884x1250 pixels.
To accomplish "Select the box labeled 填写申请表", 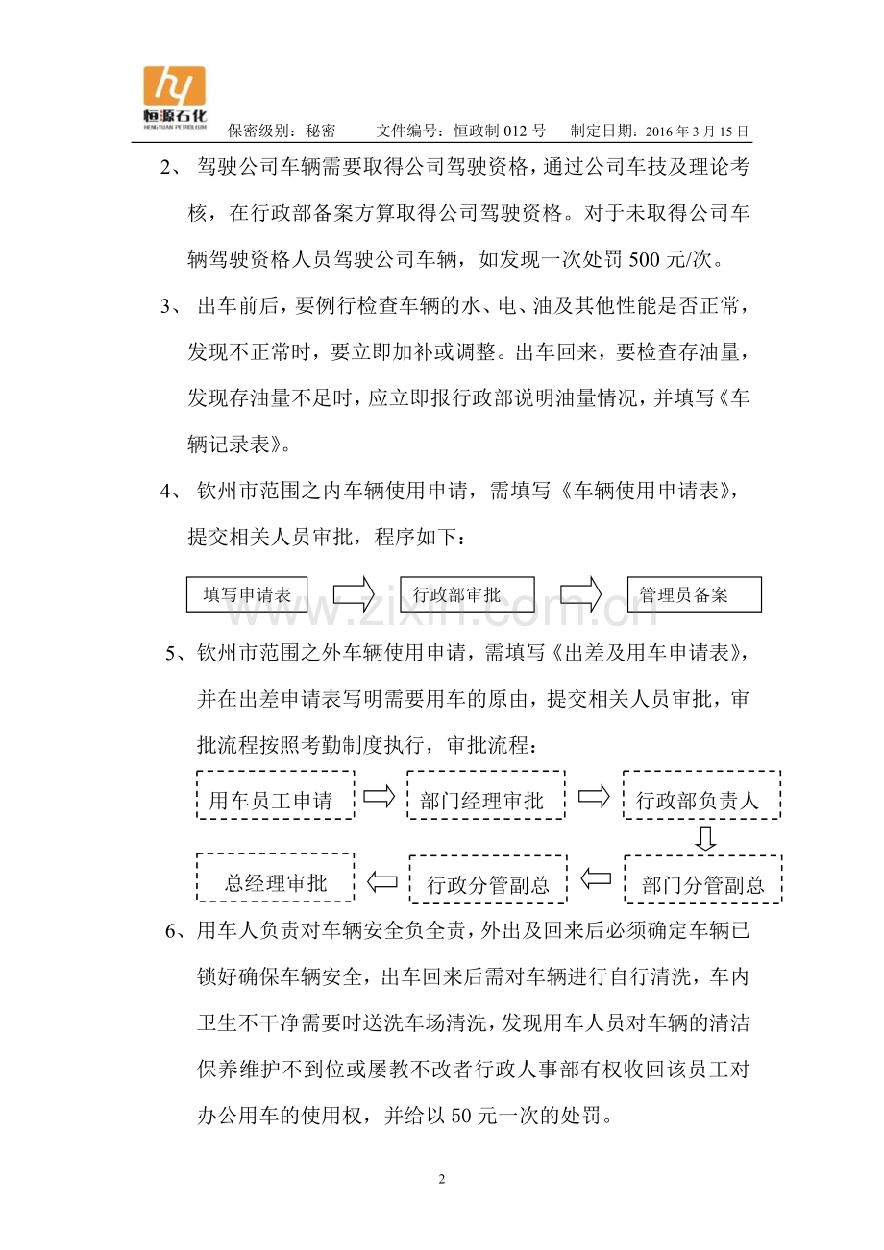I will pos(247,594).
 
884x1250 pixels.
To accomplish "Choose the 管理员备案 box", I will pos(694,594).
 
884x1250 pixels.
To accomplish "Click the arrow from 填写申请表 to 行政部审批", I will pos(353,594).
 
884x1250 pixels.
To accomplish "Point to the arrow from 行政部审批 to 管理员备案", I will pos(581,594).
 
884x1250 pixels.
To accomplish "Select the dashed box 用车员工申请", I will pos(276,795).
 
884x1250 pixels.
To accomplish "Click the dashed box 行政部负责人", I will pos(701,795).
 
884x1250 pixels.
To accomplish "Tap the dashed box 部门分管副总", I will pos(702,879).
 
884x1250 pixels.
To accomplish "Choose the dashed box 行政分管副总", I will pos(489,879).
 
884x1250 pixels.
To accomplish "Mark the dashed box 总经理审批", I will pos(276,877).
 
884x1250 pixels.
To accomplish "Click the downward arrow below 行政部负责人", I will pos(706,838).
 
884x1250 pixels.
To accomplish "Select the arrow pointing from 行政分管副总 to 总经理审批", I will pos(382,879).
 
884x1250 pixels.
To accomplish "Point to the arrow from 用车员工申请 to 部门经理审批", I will pos(381,796).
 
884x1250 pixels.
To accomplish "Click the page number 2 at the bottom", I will pos(442,1179).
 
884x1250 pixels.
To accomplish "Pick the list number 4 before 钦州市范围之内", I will pos(166,492).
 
